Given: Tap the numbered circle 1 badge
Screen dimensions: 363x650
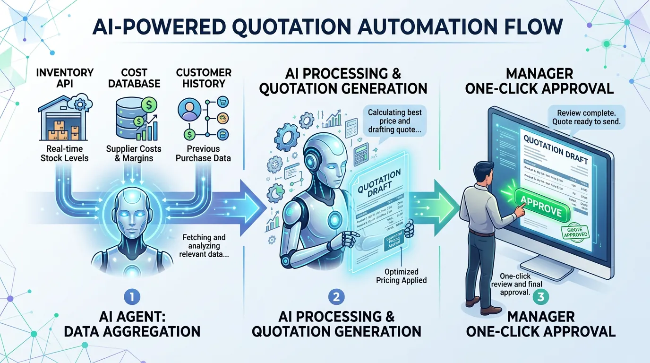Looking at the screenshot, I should [132, 297].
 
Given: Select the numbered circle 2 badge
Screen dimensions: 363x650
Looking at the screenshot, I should [336, 297].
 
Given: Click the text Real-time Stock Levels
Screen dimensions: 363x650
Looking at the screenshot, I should [64, 153].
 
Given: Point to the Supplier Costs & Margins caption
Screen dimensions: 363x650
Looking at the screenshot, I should [134, 153].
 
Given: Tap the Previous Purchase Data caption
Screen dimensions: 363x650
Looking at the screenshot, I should [203, 153].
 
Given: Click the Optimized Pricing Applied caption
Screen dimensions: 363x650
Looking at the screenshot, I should [401, 276].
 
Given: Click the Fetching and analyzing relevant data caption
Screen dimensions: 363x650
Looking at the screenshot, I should [204, 246].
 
